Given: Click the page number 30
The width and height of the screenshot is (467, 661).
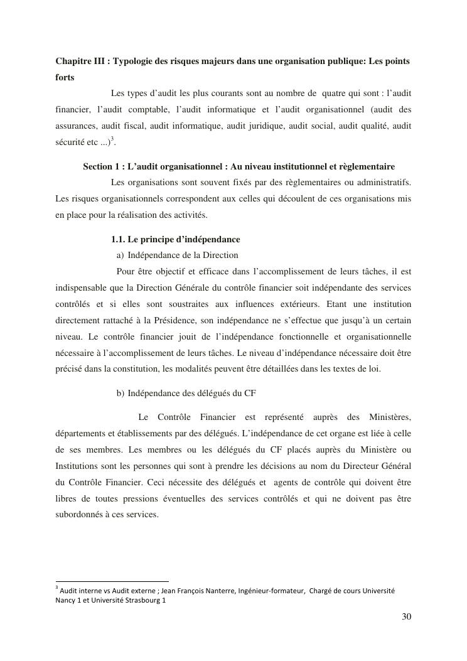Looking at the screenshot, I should pyautogui.click(x=406, y=616).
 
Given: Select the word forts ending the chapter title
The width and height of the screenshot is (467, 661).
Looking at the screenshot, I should pyautogui.click(x=65, y=77).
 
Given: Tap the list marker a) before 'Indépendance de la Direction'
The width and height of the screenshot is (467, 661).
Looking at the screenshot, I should pyautogui.click(x=121, y=255).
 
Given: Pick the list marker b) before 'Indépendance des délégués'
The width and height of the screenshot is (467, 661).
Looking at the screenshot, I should pyautogui.click(x=121, y=394).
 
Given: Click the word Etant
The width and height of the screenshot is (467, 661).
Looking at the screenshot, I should pyautogui.click(x=340, y=304).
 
